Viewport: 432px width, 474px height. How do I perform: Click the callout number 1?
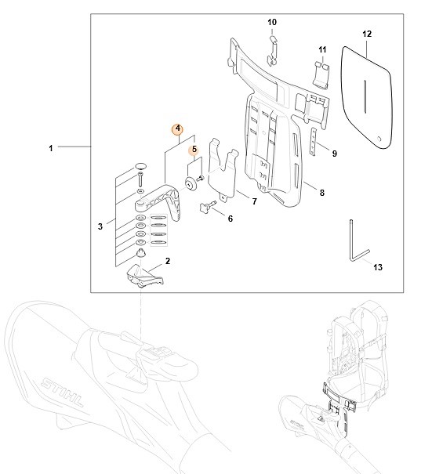click(51, 147)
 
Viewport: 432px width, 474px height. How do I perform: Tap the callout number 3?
click(100, 226)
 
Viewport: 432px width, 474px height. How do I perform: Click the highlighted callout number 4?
click(178, 128)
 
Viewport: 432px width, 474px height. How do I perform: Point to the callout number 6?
click(231, 219)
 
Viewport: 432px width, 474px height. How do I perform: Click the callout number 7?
click(253, 201)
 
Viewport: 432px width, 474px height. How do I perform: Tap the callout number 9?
click(334, 154)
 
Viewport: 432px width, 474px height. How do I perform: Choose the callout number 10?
click(273, 21)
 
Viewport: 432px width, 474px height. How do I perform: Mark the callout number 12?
click(367, 34)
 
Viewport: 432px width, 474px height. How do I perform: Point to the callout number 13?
click(378, 267)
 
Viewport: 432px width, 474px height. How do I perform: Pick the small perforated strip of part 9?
click(315, 141)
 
